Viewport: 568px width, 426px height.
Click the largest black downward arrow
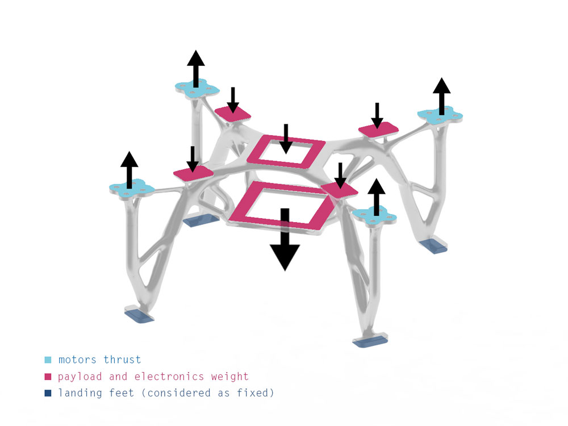(x=285, y=241)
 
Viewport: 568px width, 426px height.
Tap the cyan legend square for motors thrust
(x=48, y=360)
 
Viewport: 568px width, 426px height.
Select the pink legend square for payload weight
(x=48, y=377)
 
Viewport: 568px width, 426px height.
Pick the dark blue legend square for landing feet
(x=48, y=393)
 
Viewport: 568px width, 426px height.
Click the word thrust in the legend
(x=122, y=360)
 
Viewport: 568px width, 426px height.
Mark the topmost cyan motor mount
(x=195, y=88)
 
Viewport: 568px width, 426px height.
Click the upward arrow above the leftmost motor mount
(x=130, y=169)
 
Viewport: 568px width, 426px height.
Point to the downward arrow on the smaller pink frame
(x=286, y=139)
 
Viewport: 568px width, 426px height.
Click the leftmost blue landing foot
(x=139, y=315)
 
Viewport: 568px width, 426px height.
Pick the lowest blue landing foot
(x=370, y=341)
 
